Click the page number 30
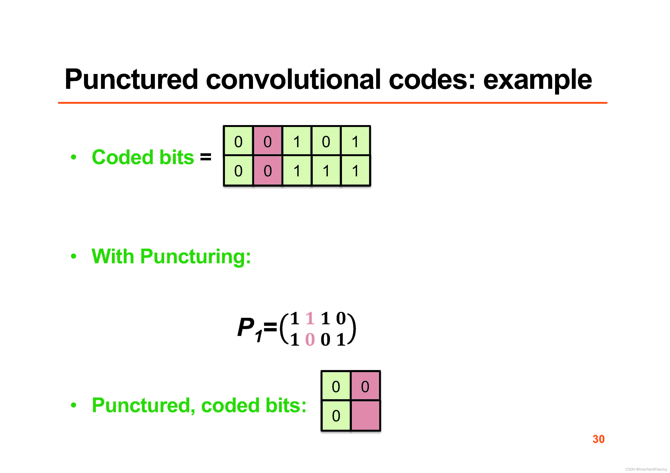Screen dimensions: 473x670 [x=599, y=439]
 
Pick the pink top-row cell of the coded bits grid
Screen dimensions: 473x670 [x=268, y=141]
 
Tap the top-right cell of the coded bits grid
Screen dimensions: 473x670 [x=355, y=141]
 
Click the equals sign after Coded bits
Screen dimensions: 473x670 [x=206, y=157]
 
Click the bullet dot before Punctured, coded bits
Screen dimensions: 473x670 [x=74, y=405]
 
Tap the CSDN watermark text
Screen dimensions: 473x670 [x=646, y=469]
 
